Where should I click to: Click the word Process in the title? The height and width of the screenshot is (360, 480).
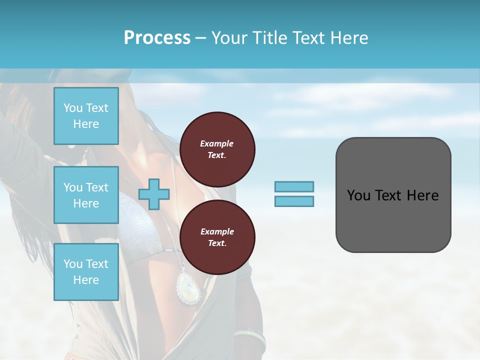click(157, 37)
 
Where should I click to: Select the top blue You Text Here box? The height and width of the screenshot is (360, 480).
click(86, 116)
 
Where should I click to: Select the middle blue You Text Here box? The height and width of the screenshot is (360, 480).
click(86, 195)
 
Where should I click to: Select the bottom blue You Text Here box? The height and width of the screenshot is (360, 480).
click(86, 272)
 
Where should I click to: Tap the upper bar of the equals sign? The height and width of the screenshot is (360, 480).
click(294, 186)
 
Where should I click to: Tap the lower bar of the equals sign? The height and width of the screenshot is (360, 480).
click(294, 201)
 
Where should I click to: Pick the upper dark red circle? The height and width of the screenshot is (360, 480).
click(217, 149)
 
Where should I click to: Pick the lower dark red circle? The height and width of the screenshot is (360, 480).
click(217, 237)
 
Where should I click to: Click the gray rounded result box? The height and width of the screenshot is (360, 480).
click(393, 195)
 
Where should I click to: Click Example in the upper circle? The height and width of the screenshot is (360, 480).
click(217, 143)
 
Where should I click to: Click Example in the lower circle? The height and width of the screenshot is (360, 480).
click(217, 231)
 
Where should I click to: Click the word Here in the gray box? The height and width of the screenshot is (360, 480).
click(422, 195)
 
